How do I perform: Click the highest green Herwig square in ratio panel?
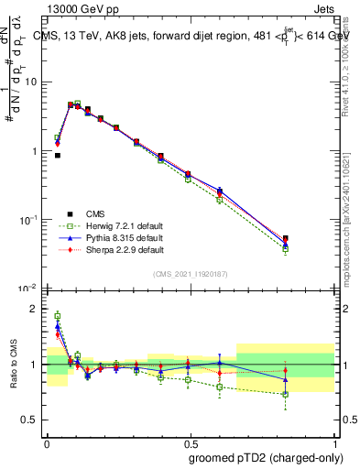pyautogui.click(x=58, y=316)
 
